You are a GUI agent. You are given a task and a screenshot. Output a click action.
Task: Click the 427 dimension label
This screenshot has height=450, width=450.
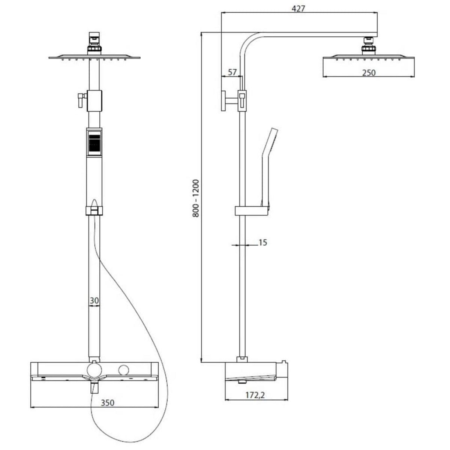[298, 9]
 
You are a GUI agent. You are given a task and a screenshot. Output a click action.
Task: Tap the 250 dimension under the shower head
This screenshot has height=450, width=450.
[369, 73]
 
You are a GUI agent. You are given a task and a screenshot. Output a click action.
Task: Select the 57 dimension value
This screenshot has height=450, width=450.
[232, 72]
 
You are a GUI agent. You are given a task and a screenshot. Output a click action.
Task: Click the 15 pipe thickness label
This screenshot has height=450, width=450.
[262, 243]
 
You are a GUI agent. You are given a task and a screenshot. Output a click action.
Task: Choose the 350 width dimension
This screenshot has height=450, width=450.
[107, 403]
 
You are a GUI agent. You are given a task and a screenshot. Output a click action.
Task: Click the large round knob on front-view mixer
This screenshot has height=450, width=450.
[94, 370]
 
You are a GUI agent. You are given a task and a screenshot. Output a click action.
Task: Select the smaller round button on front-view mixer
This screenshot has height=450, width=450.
[123, 370]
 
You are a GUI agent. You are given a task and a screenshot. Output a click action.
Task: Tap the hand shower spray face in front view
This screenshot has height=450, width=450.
[94, 142]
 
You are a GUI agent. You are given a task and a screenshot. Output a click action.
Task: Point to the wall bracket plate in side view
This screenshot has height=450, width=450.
[223, 100]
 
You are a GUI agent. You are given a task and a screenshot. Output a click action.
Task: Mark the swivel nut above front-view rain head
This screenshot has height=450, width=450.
[94, 48]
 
